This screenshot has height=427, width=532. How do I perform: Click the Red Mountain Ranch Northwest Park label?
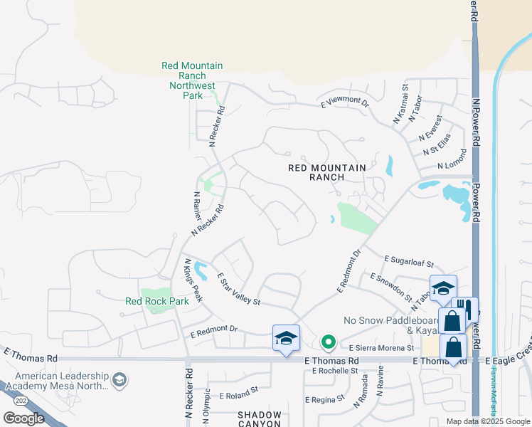tap(192, 80)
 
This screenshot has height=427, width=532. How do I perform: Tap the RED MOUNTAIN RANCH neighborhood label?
tap(326, 173)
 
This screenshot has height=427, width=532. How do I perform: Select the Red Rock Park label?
tap(157, 301)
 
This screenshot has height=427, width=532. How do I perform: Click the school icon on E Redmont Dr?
tap(285, 337)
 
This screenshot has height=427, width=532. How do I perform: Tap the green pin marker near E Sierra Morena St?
tap(328, 343)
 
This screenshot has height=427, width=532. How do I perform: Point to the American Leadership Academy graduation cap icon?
tap(120, 378)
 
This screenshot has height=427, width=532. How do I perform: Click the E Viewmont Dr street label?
tap(345, 103)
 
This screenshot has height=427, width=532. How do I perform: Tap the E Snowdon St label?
tap(391, 285)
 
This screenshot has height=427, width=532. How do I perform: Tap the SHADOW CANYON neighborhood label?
tap(259, 419)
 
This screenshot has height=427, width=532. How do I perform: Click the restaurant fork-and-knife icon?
tap(464, 308)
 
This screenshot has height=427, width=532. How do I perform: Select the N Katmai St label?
tap(400, 105)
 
